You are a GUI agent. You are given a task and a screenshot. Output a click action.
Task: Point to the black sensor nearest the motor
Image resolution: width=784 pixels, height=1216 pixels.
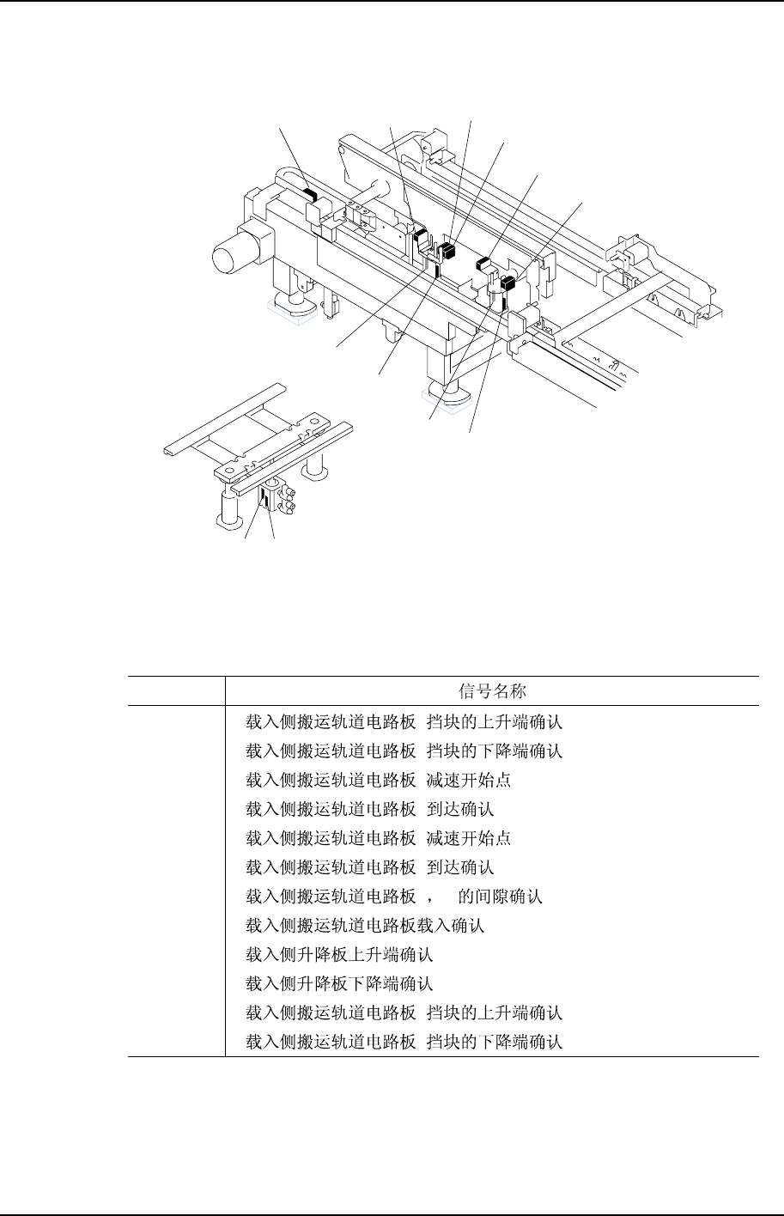pyautogui.click(x=309, y=197)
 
